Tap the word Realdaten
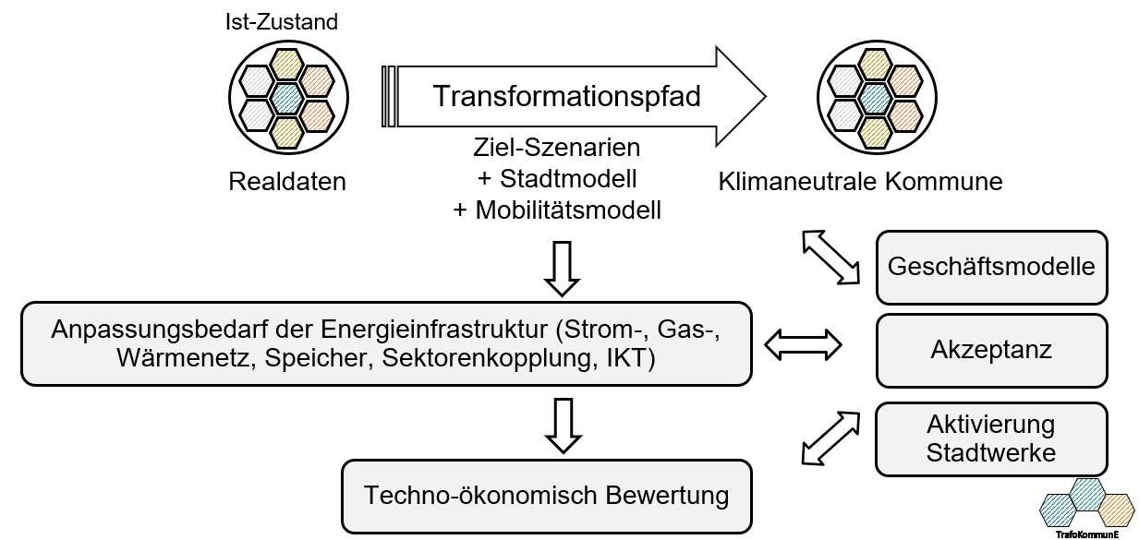287,182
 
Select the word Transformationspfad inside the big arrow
566,96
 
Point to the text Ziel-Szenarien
556,148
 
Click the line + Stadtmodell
556,178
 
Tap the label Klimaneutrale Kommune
860,181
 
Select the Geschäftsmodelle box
990,268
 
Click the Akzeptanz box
990,351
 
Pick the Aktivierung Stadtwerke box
990,439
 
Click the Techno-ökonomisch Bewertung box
546,496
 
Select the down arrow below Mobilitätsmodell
561,267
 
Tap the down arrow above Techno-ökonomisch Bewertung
561,424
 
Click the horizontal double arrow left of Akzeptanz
804,345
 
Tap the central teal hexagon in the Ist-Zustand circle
287,96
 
